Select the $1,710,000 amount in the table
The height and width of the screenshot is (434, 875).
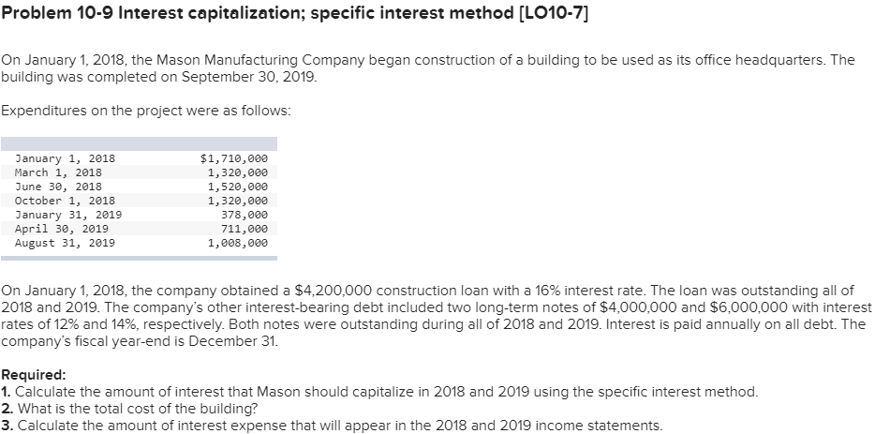click(x=234, y=158)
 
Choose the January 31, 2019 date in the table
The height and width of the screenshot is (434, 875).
click(x=67, y=215)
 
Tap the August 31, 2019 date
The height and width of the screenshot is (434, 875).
click(x=65, y=243)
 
